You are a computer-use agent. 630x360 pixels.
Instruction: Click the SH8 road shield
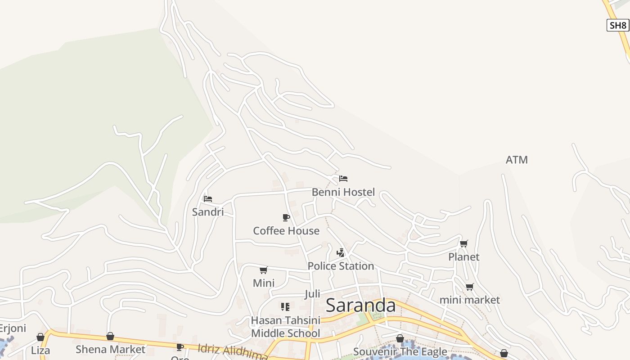click(617, 25)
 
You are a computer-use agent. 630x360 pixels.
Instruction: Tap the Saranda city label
click(360, 306)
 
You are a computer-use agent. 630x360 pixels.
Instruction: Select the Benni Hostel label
click(343, 192)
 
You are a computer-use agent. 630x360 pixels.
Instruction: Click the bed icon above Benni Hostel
click(343, 179)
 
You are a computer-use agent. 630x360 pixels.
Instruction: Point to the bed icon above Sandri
click(207, 198)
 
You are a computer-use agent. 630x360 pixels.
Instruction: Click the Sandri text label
click(207, 212)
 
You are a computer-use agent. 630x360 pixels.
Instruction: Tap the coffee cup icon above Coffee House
click(286, 218)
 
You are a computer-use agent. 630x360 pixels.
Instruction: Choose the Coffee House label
click(286, 231)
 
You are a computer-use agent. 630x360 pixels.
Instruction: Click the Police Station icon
click(341, 253)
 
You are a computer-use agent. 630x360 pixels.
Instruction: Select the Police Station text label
click(341, 266)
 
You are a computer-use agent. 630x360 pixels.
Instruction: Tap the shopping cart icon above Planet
click(463, 244)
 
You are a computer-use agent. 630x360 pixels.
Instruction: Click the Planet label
click(463, 257)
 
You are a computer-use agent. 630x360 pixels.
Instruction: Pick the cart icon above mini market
click(469, 287)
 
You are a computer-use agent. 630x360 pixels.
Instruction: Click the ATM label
click(517, 160)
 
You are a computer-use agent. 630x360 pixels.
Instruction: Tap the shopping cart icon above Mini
click(263, 270)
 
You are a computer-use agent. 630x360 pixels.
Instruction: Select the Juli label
click(312, 294)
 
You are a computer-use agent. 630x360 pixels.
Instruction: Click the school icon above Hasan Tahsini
click(285, 307)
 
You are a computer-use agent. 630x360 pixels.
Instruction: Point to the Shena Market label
click(110, 349)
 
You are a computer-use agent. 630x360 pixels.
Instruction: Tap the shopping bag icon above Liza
click(40, 337)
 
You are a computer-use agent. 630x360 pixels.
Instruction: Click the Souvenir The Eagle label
click(400, 351)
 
